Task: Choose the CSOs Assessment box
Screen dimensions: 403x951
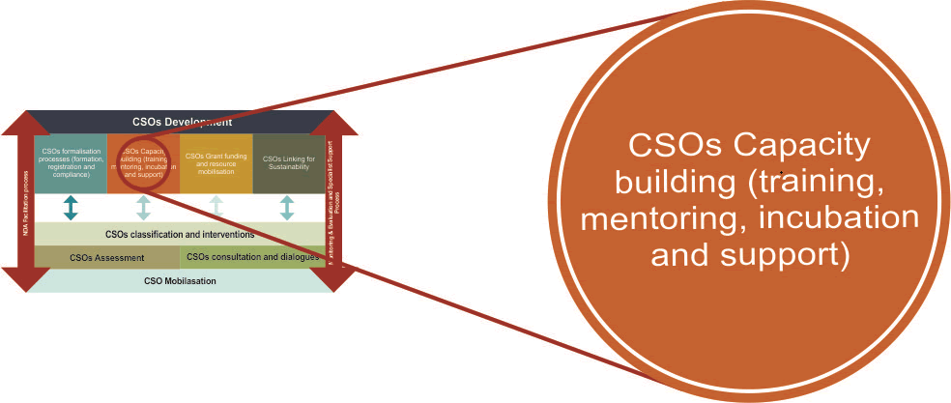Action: point(106,257)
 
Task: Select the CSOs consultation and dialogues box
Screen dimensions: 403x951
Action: point(251,257)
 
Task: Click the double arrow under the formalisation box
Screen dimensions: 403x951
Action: point(71,207)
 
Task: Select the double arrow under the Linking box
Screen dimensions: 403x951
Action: point(287,207)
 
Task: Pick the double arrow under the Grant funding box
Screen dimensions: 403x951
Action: point(216,207)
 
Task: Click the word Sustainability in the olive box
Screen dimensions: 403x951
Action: point(287,167)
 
